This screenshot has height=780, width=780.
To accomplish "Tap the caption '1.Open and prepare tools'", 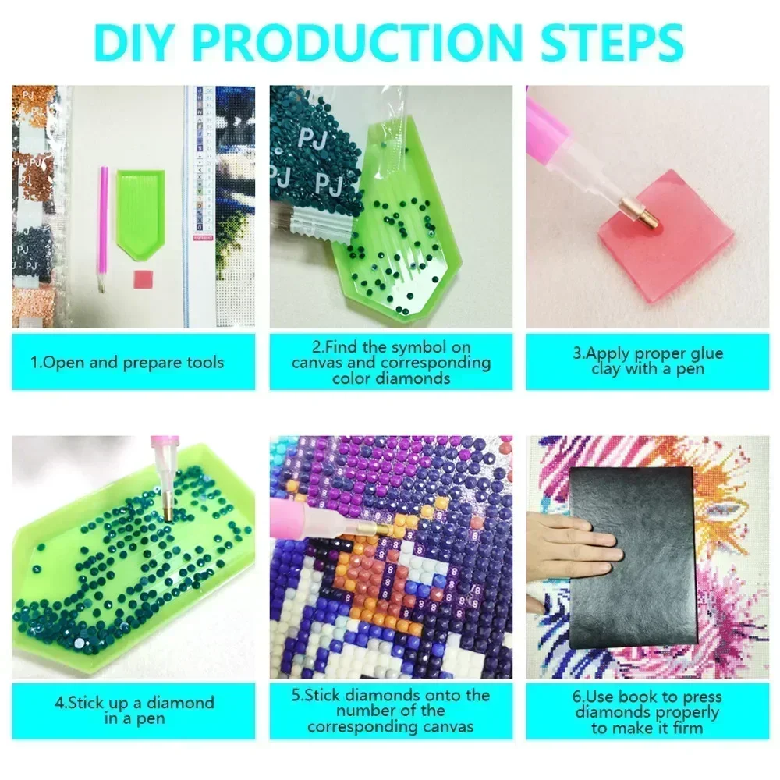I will click(x=126, y=362).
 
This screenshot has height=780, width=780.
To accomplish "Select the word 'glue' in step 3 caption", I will click(x=704, y=353).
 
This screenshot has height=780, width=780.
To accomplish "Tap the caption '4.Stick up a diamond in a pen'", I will click(x=133, y=711).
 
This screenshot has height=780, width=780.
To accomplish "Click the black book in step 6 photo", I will click(x=633, y=557).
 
